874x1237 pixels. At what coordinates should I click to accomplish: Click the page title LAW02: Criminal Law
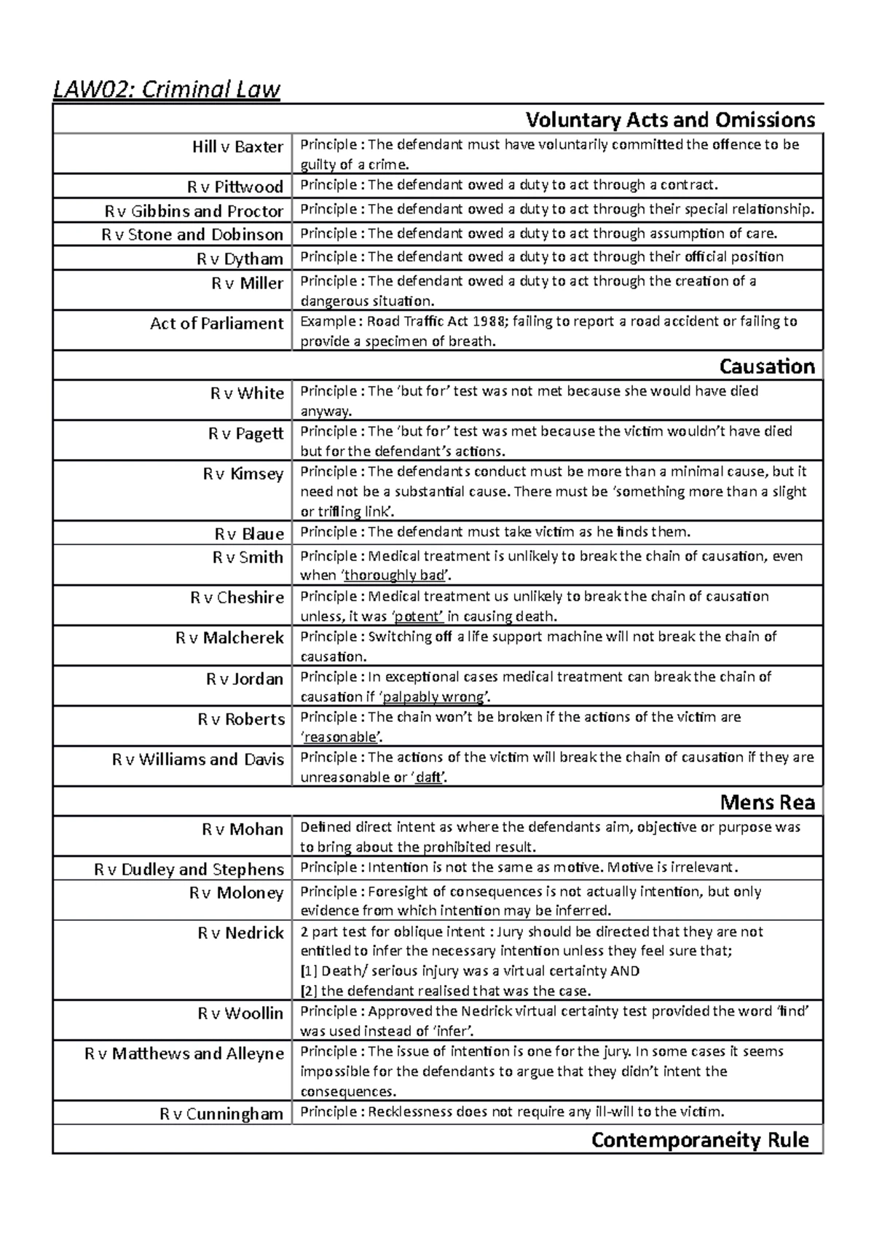coord(167,90)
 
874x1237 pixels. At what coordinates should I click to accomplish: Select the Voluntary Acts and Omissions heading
coord(670,119)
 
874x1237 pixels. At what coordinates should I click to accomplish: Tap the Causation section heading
coord(766,366)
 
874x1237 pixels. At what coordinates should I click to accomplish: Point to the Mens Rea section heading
coord(767,803)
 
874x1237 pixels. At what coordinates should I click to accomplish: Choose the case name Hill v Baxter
coord(237,147)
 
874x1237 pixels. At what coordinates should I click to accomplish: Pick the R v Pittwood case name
coord(235,187)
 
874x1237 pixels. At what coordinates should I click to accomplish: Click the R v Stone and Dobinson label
coord(192,235)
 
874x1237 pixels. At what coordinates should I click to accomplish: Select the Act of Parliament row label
coord(216,323)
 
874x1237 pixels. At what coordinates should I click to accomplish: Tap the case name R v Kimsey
coord(243,474)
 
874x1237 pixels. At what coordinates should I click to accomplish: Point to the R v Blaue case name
coord(249,534)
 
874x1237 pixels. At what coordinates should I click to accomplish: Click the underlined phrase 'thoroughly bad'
coord(394,576)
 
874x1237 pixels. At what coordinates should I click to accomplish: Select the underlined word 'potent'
coord(419,616)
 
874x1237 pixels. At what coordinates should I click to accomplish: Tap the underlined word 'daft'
coord(428,777)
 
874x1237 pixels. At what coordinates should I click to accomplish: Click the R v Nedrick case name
coord(240,933)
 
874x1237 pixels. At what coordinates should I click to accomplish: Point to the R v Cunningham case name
coord(221,1114)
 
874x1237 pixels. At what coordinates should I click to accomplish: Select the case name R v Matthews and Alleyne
coord(184,1053)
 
